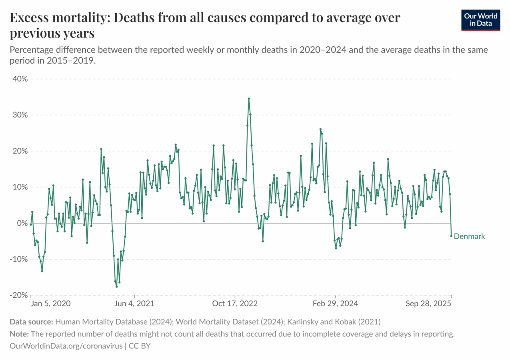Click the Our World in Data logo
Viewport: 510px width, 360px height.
tap(480, 20)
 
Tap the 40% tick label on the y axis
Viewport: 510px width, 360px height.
tap(20, 79)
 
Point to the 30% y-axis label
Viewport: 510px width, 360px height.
tap(20, 115)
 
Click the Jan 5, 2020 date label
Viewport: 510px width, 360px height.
tap(51, 303)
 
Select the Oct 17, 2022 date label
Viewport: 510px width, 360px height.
tap(235, 303)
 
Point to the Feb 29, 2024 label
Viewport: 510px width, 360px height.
tap(335, 303)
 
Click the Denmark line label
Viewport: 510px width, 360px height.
tap(469, 236)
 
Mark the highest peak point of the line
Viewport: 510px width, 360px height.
tap(249, 98)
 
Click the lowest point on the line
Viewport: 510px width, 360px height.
tap(116, 286)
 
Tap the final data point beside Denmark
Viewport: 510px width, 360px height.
tap(451, 236)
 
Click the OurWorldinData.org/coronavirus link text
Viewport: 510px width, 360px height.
tap(66, 346)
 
